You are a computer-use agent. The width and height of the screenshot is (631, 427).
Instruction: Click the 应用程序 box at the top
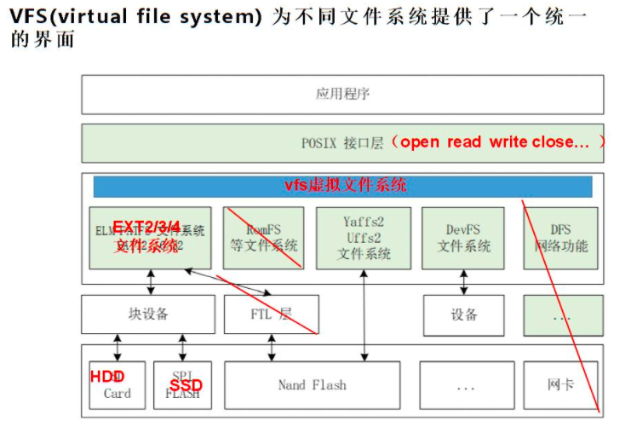coord(342,94)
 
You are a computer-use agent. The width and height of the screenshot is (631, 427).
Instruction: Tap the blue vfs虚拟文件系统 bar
coord(342,186)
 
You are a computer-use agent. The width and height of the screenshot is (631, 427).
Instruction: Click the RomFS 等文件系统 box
coord(263,238)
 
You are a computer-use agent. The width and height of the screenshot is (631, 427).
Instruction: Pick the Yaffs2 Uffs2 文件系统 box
coord(363,238)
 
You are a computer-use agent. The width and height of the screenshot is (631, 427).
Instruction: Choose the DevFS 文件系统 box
coord(463,238)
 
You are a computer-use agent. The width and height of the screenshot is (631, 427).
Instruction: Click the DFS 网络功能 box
coord(561,238)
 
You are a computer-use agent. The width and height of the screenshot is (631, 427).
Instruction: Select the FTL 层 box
coord(271,314)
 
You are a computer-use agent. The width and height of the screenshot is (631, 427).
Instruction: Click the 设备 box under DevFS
coord(463,314)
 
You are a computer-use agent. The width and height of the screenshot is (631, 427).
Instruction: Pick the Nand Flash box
coord(312,385)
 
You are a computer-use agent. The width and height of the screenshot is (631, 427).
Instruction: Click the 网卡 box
coord(561,385)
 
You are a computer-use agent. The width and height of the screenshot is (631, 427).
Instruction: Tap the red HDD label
coord(107,377)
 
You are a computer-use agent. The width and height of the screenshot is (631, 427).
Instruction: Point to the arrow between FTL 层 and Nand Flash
coord(271,348)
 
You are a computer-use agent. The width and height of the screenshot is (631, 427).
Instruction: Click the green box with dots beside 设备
coord(563,315)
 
